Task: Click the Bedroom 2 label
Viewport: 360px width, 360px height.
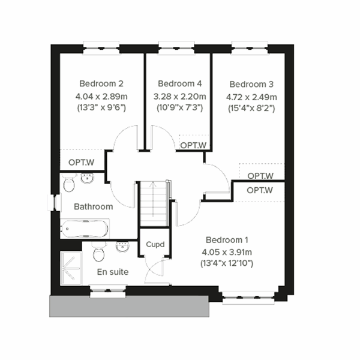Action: coord(101,83)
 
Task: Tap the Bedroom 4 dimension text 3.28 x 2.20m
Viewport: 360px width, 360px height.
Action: coord(180,97)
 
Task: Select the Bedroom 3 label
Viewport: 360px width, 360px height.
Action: coord(251,84)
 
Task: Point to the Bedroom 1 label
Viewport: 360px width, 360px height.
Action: coord(227,240)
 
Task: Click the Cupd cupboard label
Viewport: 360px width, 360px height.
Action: coord(155,245)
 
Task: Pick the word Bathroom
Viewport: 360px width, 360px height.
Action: coord(94,206)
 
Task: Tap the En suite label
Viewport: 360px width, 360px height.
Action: coord(113,272)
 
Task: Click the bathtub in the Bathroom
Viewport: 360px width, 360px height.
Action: coord(85,229)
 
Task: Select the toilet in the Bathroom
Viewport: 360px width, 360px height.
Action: coord(69,183)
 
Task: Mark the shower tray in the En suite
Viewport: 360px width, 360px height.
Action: coord(71,268)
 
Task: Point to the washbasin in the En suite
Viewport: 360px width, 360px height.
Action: coord(123,247)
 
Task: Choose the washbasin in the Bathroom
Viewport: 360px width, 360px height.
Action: coord(87,178)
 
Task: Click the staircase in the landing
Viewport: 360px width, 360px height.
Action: coord(154,203)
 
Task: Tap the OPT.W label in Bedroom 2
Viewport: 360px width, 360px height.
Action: coord(81,163)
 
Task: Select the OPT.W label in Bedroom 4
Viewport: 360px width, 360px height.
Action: coord(193,145)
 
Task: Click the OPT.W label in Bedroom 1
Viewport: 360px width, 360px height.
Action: coord(260,190)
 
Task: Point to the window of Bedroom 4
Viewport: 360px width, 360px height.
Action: coord(176,48)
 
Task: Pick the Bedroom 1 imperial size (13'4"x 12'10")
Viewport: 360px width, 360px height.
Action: coord(227,263)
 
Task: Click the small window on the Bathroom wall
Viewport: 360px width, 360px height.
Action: coord(55,203)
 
